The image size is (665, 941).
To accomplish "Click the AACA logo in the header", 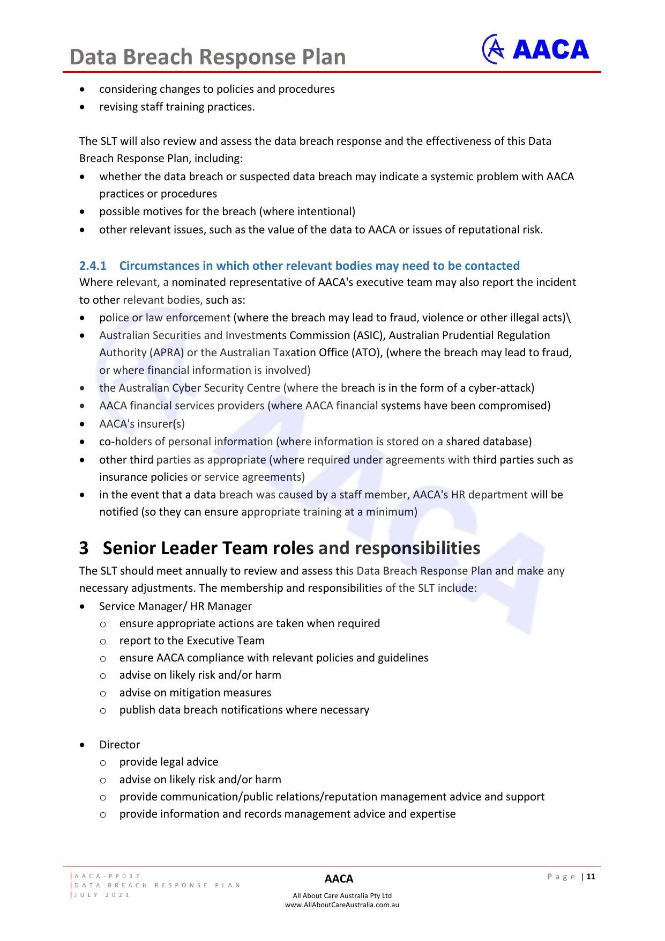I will [536, 49].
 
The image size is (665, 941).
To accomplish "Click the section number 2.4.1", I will [93, 266].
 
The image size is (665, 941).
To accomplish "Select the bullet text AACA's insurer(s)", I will [142, 424].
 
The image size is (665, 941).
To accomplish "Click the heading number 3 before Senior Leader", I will [84, 548].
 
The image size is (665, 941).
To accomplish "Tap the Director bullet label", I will [119, 745].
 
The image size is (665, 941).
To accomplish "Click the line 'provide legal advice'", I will [169, 762].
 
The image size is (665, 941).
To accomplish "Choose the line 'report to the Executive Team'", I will [192, 641].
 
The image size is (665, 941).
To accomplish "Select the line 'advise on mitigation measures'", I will [195, 693].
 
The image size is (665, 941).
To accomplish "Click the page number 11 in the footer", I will [591, 877].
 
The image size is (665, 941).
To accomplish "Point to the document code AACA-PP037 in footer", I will [107, 876].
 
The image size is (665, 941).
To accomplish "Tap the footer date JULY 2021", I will [102, 895].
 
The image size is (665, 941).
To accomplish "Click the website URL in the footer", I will [342, 905].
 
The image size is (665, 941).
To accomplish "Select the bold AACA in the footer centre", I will [339, 879].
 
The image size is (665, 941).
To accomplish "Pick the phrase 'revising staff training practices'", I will [177, 107].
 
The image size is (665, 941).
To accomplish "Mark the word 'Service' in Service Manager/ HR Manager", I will [117, 606].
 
